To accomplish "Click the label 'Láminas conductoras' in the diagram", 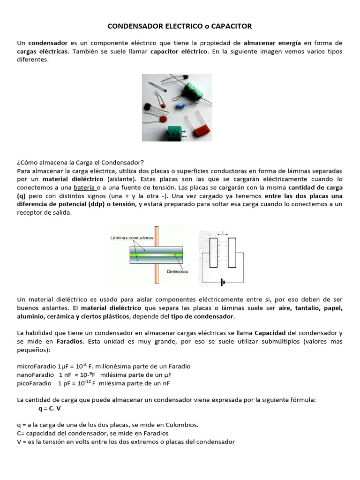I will click(x=132, y=238).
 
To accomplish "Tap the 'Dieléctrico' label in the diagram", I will click(x=177, y=271).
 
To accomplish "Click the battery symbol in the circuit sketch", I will click(x=224, y=282).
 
